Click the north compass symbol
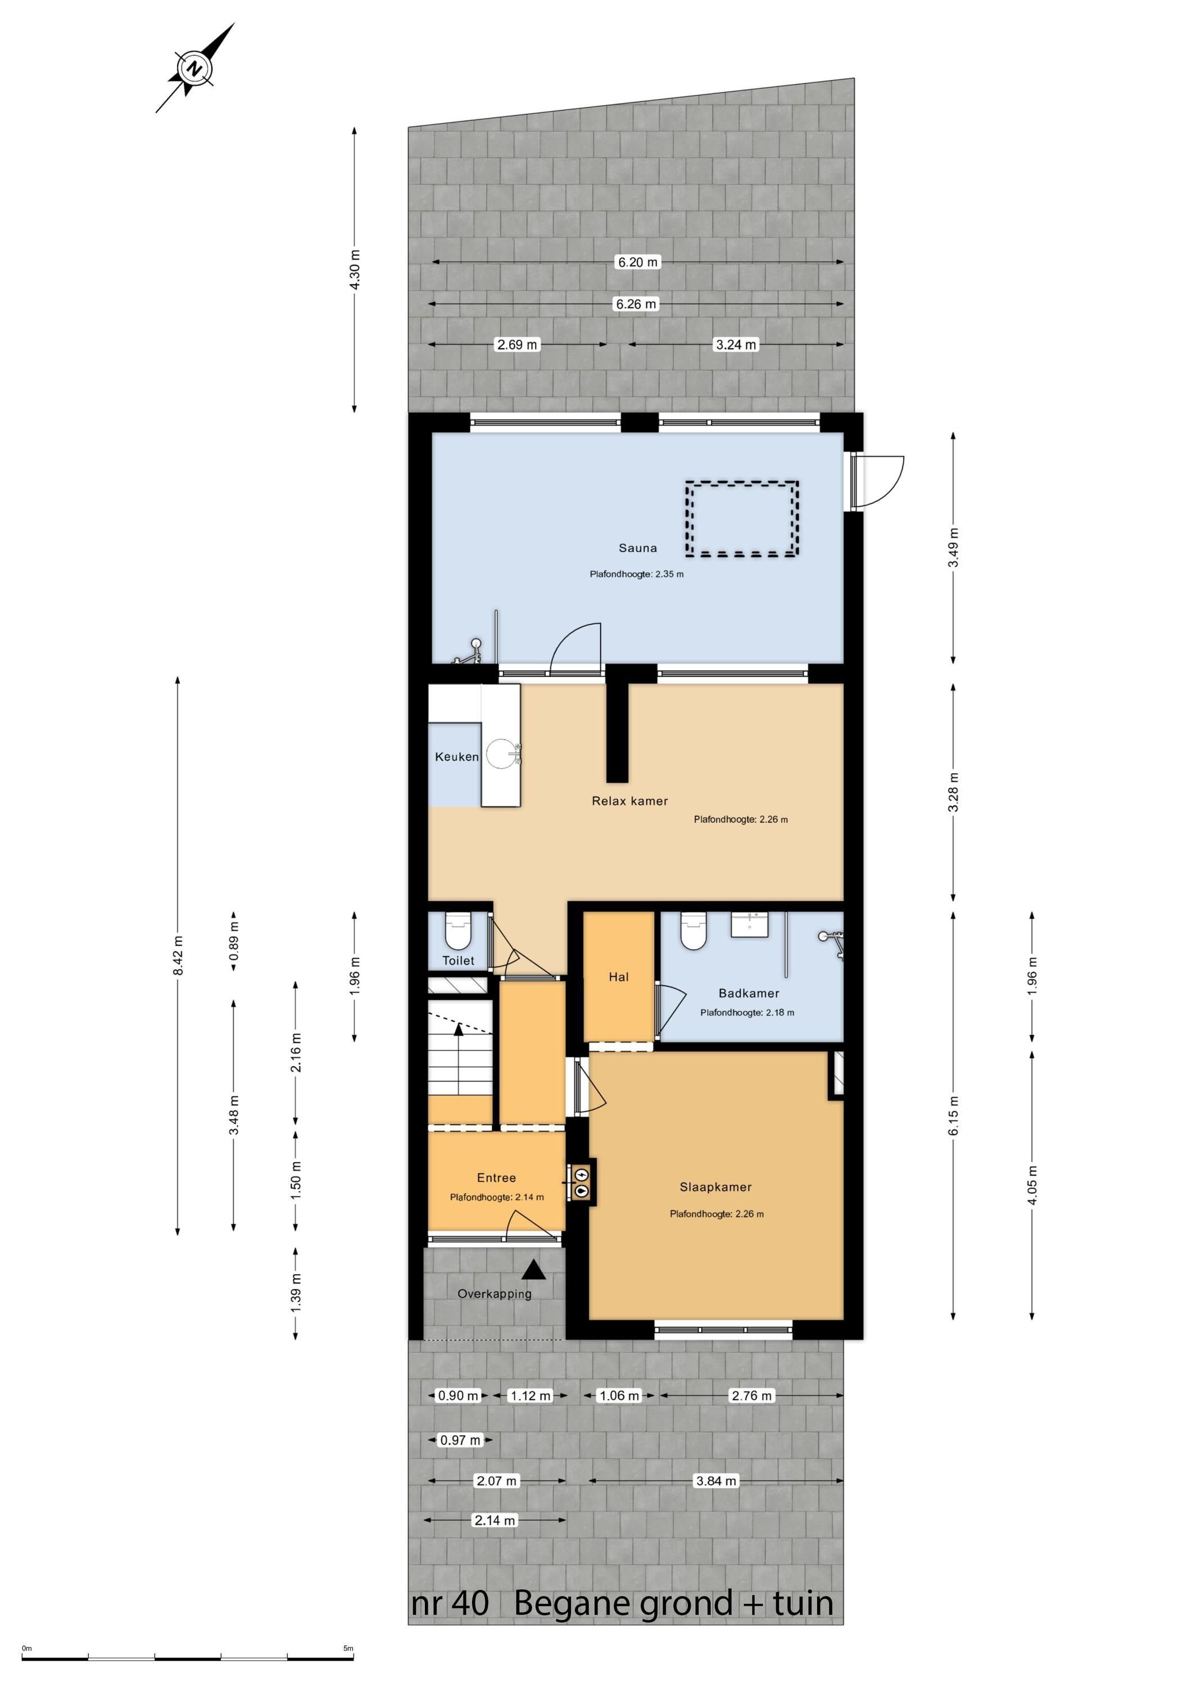click(194, 69)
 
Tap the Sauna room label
click(637, 548)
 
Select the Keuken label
click(456, 757)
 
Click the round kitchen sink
click(502, 754)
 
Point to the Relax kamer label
click(630, 801)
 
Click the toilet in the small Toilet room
click(458, 932)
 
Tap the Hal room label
click(618, 977)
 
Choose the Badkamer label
click(749, 994)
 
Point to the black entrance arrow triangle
click(534, 1269)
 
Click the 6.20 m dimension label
click(637, 262)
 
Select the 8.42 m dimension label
click(178, 956)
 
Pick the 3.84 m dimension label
click(715, 1481)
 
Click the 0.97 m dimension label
click(460, 1440)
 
